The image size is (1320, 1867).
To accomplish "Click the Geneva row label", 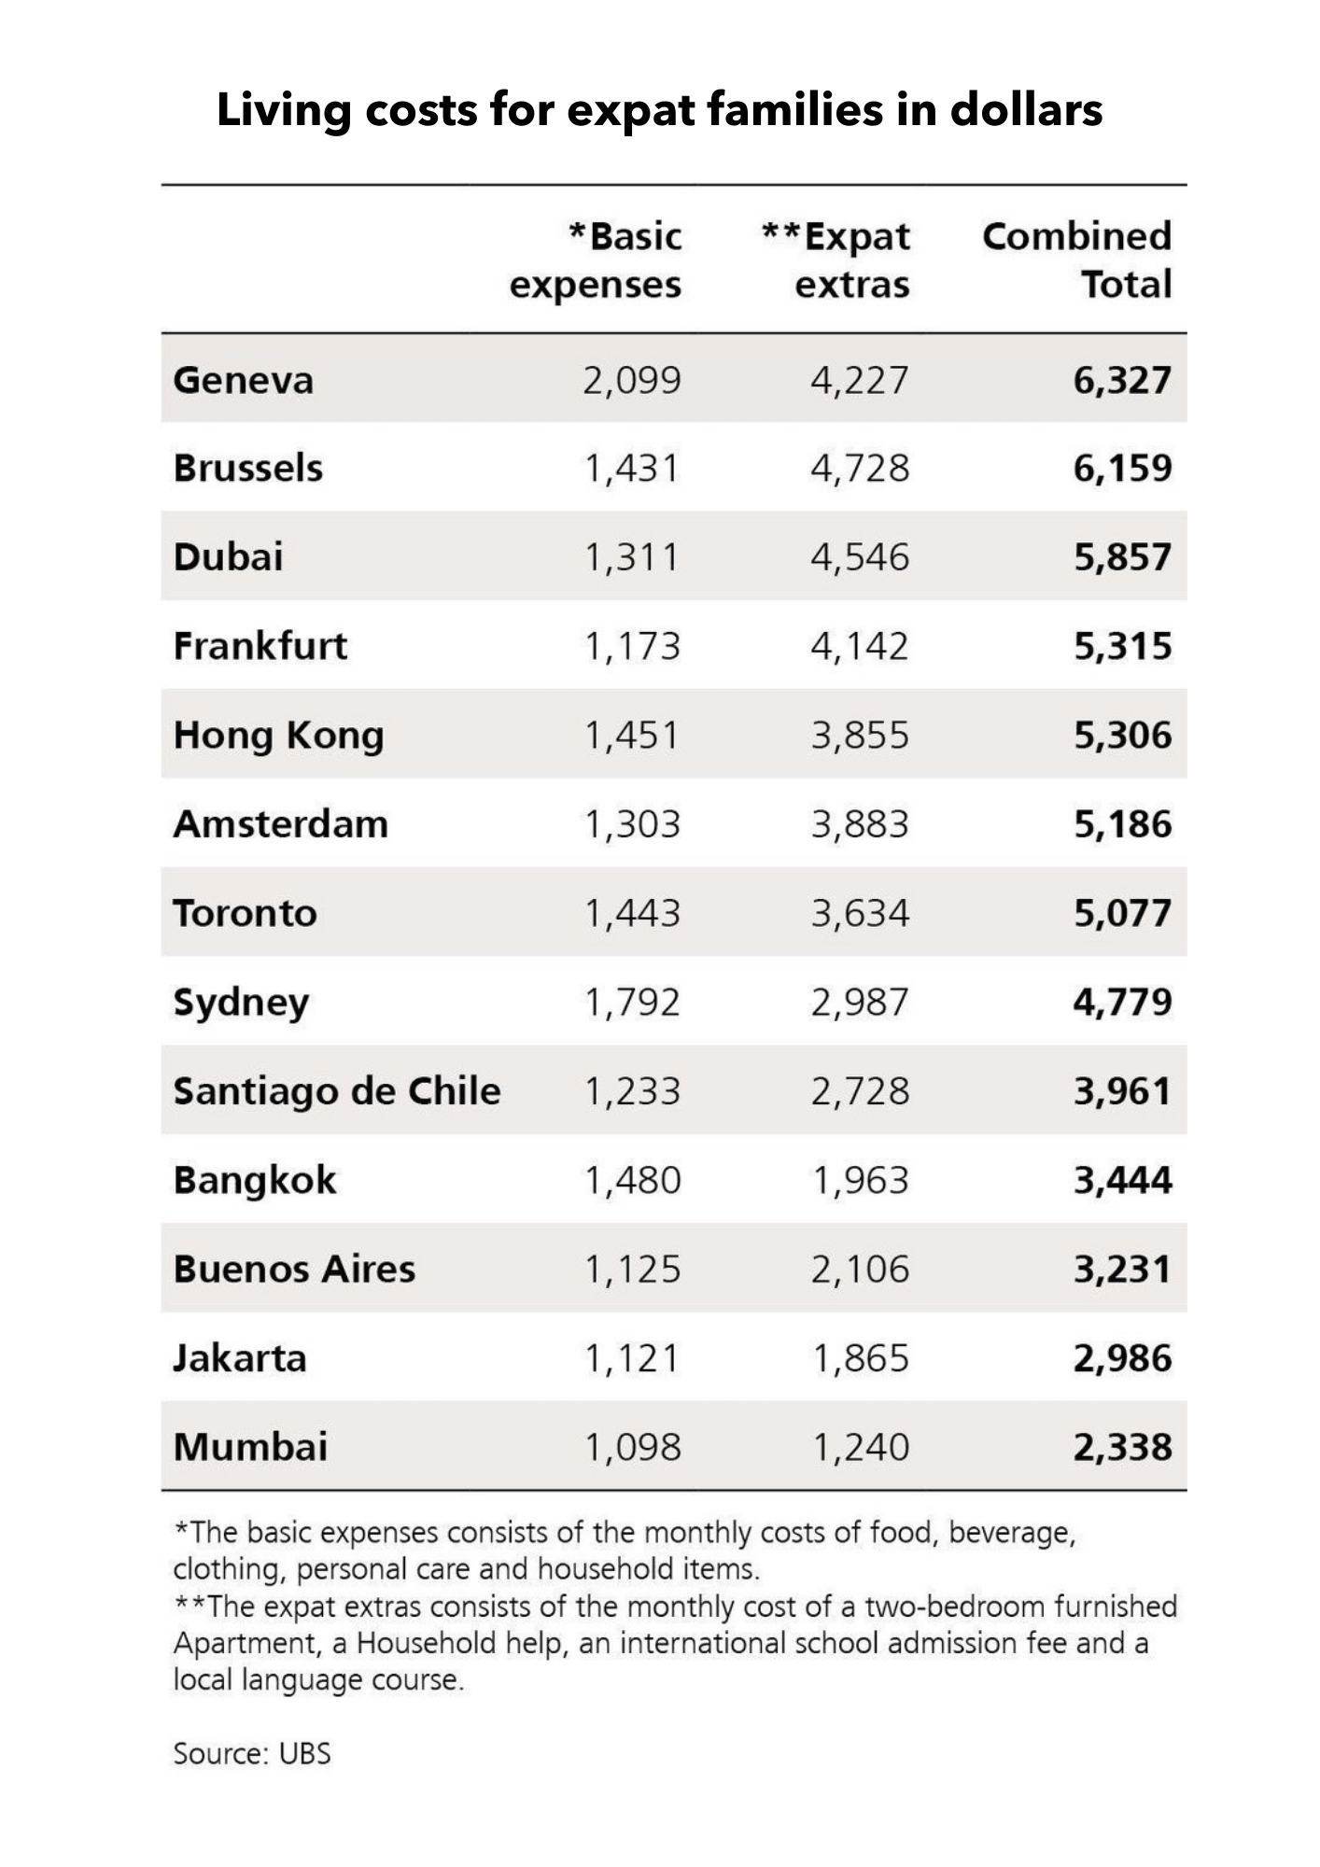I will tap(244, 381).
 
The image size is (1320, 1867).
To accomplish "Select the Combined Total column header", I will tap(1076, 260).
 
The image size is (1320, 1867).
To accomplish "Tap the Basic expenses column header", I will tap(597, 260).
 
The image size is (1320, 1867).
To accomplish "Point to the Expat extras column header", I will tap(836, 260).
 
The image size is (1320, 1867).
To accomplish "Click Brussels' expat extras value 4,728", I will tap(859, 468).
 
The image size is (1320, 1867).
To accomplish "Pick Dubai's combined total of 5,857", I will tap(1122, 557).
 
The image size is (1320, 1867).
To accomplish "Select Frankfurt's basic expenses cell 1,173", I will tap(633, 646).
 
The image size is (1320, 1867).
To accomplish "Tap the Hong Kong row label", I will tap(278, 736).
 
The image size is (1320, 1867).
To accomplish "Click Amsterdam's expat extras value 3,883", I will tap(859, 824).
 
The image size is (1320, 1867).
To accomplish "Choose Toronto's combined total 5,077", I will tap(1122, 913).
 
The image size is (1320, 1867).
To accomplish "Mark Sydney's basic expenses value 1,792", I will tap(633, 1003).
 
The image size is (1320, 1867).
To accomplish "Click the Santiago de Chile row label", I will tap(337, 1091).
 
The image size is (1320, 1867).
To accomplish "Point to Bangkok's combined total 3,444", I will tap(1122, 1181).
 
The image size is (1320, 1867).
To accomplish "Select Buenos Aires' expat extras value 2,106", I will tap(859, 1270).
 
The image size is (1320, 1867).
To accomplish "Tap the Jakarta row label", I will tap(240, 1358).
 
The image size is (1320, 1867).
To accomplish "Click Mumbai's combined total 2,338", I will tap(1122, 1448).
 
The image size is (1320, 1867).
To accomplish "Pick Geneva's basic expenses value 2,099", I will tap(633, 381).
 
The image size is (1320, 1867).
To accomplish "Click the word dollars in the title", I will tap(1026, 109).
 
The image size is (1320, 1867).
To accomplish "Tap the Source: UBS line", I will tap(252, 1753).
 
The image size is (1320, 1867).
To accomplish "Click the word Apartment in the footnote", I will tap(247, 1643).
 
